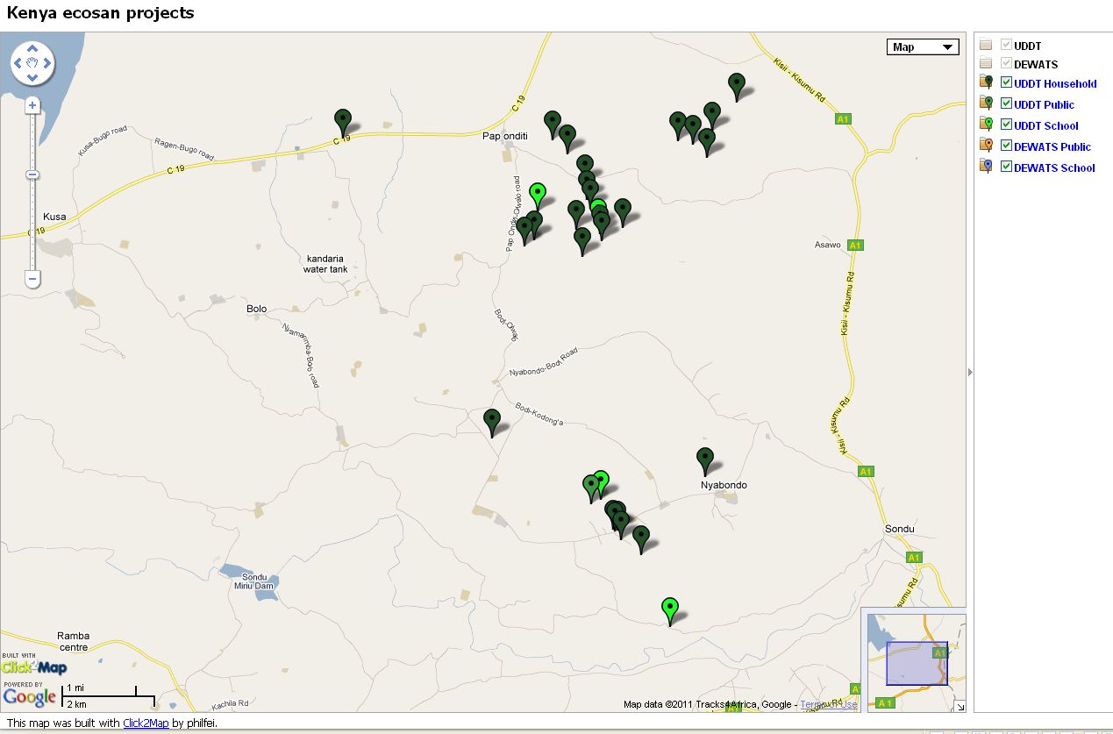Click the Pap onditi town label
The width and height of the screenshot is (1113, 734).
tap(503, 136)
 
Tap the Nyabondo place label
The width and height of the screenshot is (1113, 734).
tap(724, 485)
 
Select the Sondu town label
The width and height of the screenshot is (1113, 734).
tap(899, 529)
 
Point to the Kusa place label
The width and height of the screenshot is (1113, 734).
tap(54, 217)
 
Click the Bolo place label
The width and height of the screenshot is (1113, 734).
tap(256, 309)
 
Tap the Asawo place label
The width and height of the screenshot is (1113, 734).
tap(827, 245)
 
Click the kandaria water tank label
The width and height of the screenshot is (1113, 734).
tap(326, 263)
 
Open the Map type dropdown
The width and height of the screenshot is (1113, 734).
tap(923, 47)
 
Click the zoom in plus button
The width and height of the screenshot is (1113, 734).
tap(32, 105)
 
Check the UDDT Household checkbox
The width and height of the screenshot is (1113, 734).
tap(1006, 83)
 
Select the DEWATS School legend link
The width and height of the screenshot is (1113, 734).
tap(1054, 167)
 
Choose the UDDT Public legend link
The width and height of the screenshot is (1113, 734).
tap(1044, 104)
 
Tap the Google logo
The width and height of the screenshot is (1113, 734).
tap(30, 697)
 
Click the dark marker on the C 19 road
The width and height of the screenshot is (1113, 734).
tap(343, 122)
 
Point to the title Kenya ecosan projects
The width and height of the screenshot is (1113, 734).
tap(101, 13)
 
